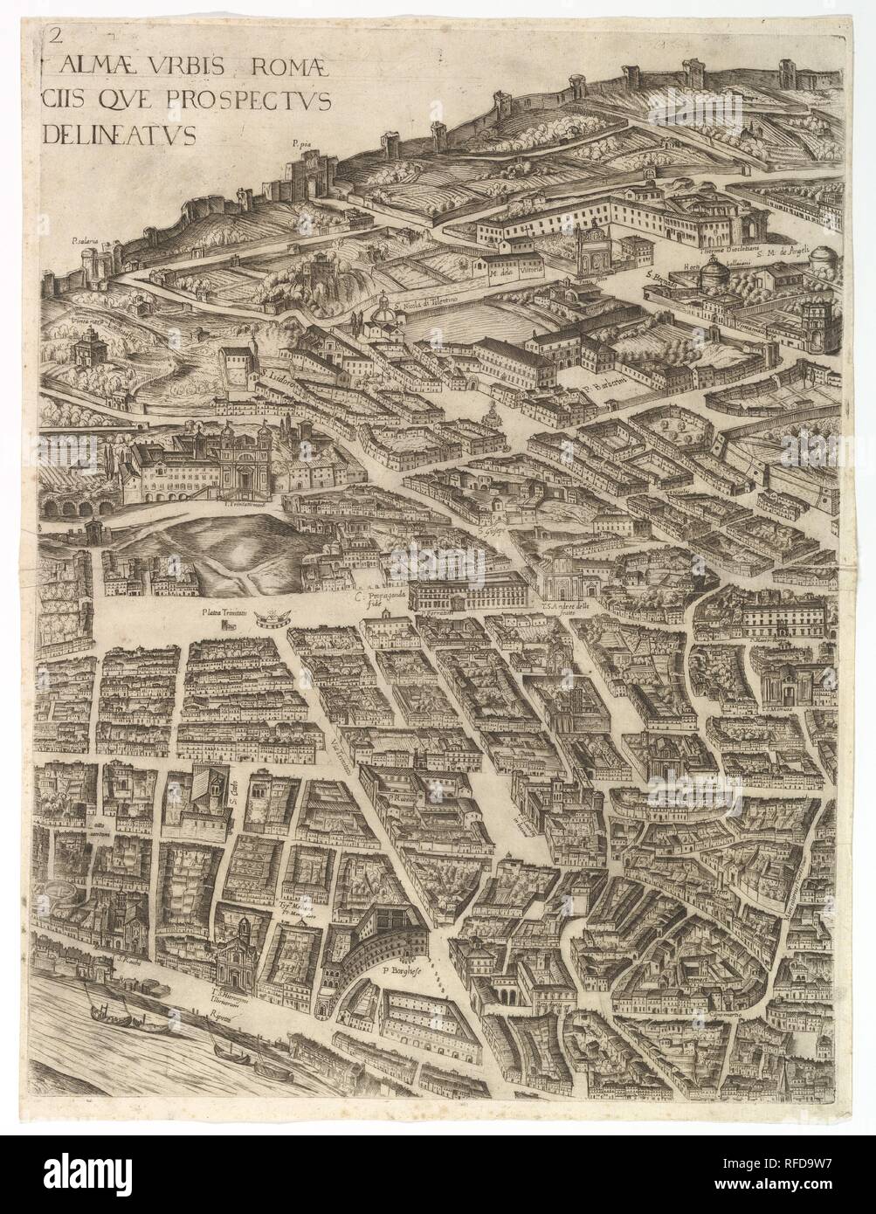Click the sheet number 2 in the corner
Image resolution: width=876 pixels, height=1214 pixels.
[57, 35]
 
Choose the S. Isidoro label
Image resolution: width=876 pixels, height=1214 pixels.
[257, 379]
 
